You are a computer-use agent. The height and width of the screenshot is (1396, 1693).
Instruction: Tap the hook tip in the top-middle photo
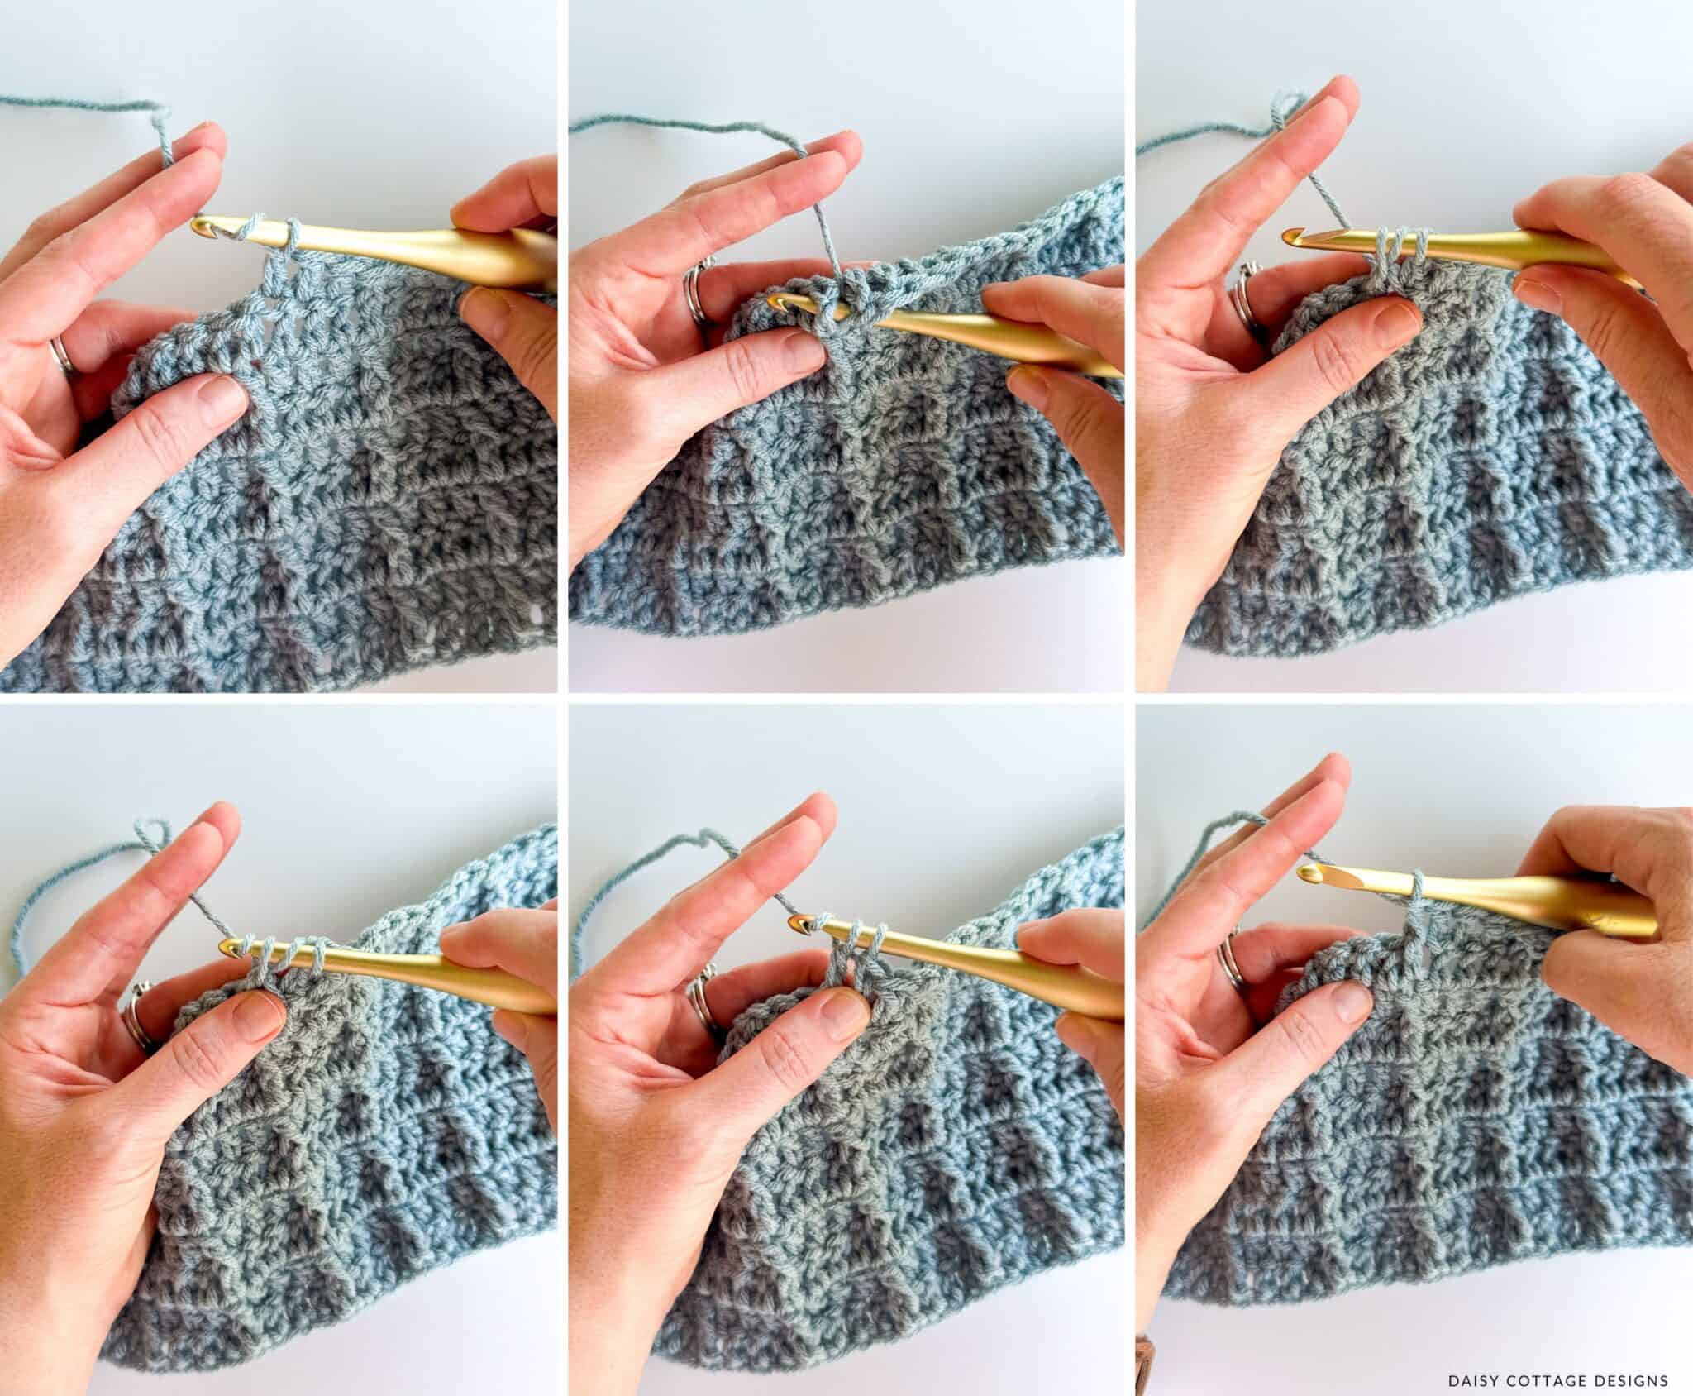(x=775, y=304)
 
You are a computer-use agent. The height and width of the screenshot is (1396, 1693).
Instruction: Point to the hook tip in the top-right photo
(x=1288, y=237)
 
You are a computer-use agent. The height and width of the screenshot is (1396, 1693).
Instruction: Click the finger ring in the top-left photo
(x=60, y=356)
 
